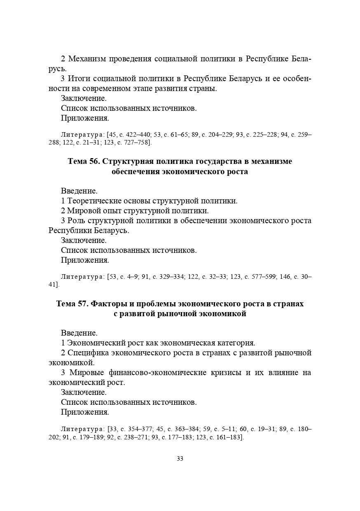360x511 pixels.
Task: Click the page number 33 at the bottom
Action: click(x=180, y=459)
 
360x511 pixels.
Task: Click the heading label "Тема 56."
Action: click(x=84, y=161)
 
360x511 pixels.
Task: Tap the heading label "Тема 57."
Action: click(x=72, y=304)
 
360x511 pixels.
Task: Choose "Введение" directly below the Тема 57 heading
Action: click(x=79, y=333)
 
